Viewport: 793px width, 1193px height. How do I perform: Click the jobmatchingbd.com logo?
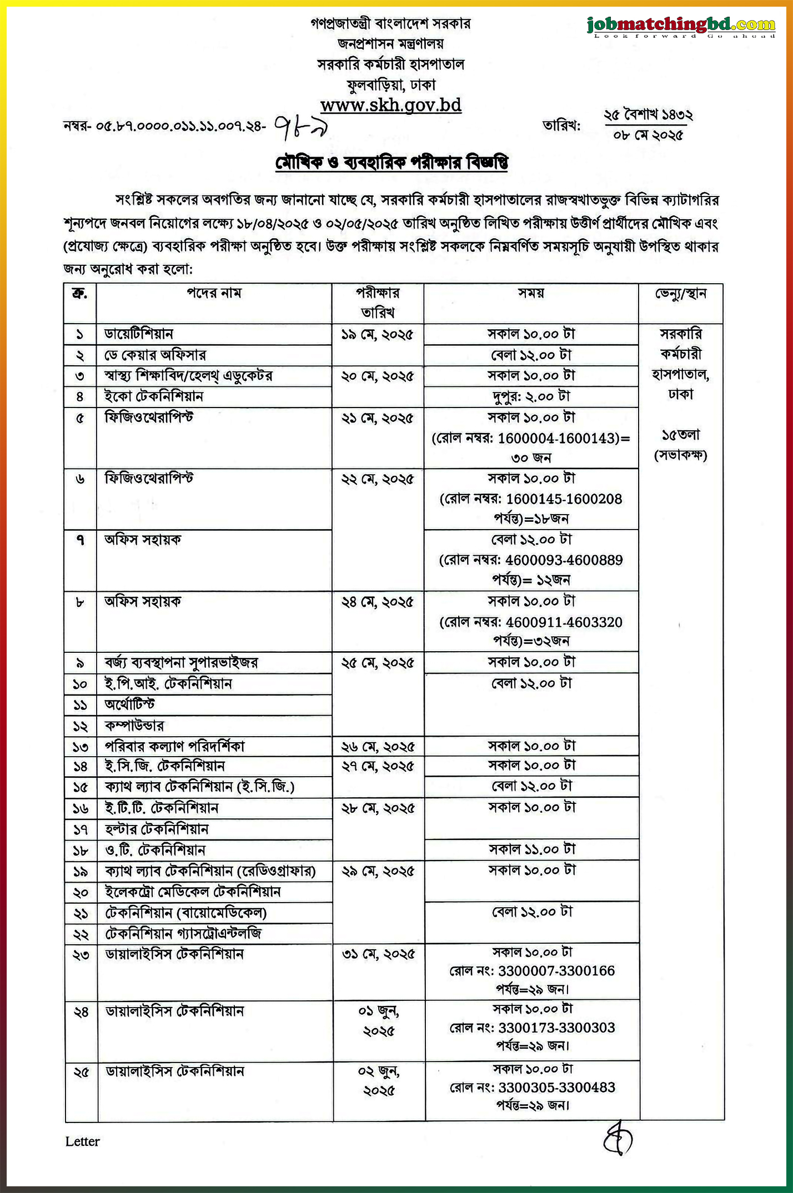(681, 25)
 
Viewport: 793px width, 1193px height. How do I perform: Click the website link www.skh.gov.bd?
(391, 105)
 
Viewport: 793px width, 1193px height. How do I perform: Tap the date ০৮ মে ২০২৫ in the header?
(648, 135)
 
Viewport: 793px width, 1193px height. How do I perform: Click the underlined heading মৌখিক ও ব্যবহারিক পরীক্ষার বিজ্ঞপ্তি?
(392, 163)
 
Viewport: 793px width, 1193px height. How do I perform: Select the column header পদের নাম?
(214, 293)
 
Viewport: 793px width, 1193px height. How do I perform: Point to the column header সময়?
(531, 293)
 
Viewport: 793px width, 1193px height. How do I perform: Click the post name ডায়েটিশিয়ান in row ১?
(139, 334)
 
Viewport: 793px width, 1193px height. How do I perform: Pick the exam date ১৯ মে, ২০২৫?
(378, 335)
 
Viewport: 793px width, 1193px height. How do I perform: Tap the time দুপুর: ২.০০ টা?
(531, 396)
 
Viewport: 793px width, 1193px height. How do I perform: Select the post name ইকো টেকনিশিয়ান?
(154, 396)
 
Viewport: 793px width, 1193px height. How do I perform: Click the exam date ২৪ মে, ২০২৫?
(378, 602)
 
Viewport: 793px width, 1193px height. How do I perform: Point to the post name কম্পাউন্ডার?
(134, 726)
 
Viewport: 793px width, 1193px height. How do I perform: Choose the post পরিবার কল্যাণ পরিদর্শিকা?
(174, 746)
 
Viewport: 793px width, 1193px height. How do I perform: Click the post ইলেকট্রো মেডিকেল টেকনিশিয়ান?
(193, 892)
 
